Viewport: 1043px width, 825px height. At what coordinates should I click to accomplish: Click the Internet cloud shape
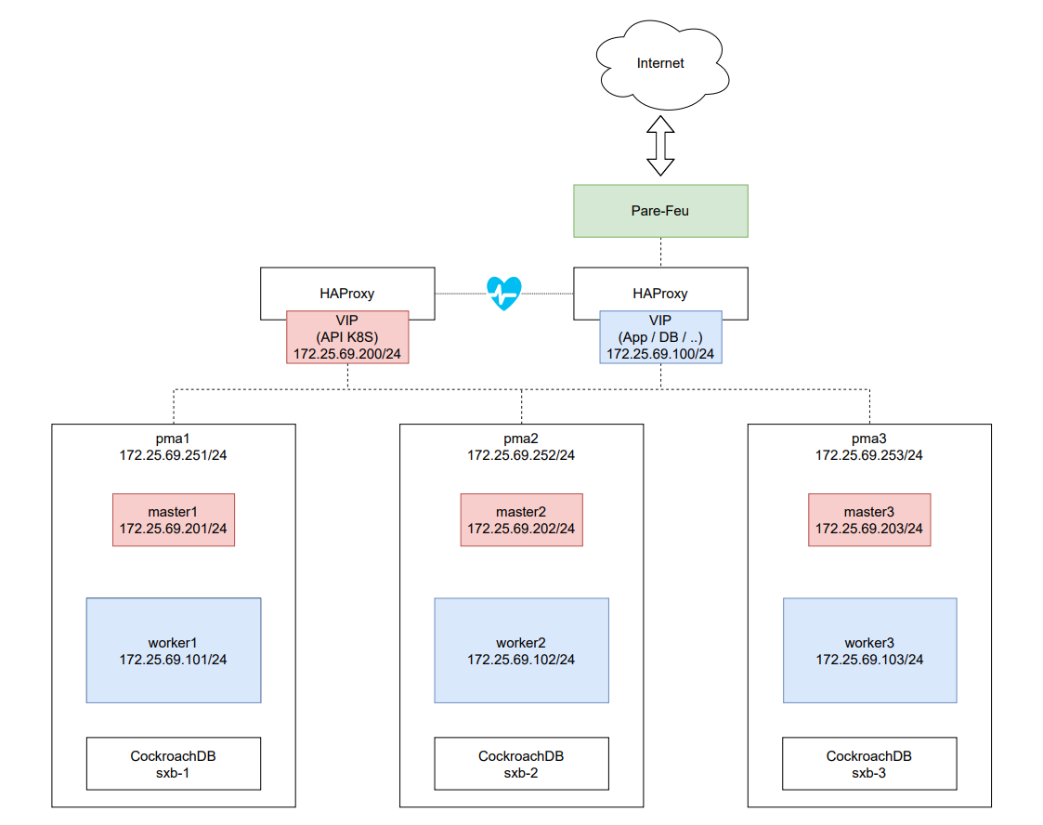point(660,63)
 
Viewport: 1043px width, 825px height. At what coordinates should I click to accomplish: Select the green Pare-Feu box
point(660,211)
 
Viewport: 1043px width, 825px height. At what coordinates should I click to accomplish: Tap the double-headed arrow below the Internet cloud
point(660,146)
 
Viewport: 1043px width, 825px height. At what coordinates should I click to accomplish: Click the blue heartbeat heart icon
point(504,294)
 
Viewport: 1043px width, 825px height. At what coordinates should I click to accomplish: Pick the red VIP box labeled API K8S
point(347,336)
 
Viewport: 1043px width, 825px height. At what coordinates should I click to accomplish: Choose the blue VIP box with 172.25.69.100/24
point(660,336)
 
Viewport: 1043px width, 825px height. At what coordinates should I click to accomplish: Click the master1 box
point(174,520)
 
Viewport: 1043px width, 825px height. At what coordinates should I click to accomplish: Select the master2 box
point(521,520)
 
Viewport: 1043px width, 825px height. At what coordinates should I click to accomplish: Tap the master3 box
point(869,520)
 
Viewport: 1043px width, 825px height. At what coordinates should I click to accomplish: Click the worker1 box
point(174,650)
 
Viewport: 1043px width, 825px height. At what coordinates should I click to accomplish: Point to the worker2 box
point(521,650)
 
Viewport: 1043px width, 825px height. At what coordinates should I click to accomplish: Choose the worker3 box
point(869,650)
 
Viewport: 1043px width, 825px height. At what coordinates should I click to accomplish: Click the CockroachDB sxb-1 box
point(174,764)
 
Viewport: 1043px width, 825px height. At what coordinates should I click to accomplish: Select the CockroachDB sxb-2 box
point(521,764)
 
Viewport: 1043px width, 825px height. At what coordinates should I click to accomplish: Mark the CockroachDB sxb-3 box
point(869,764)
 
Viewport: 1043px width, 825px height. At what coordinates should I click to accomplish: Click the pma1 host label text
point(174,439)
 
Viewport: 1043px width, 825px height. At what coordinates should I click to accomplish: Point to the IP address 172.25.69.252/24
point(521,455)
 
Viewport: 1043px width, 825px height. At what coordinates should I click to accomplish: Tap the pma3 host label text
point(869,439)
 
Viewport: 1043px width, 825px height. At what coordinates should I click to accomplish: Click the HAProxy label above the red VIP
point(347,293)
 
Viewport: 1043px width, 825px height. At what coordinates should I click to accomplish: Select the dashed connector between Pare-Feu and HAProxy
point(660,253)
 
